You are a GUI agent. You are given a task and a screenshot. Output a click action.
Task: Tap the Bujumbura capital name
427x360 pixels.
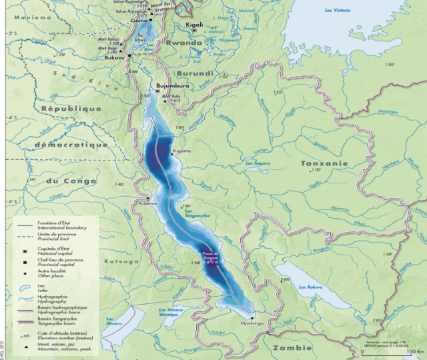tap(173, 86)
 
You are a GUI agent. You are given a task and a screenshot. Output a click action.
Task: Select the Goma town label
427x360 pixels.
tap(139, 21)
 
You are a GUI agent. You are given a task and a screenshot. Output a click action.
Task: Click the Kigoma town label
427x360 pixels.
tap(182, 151)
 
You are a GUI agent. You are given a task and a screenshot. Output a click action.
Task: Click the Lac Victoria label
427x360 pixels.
tap(337, 11)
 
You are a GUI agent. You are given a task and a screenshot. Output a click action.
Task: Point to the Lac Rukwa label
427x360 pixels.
tap(310, 287)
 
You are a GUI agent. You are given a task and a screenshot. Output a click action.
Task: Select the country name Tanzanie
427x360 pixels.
tap(324, 163)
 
